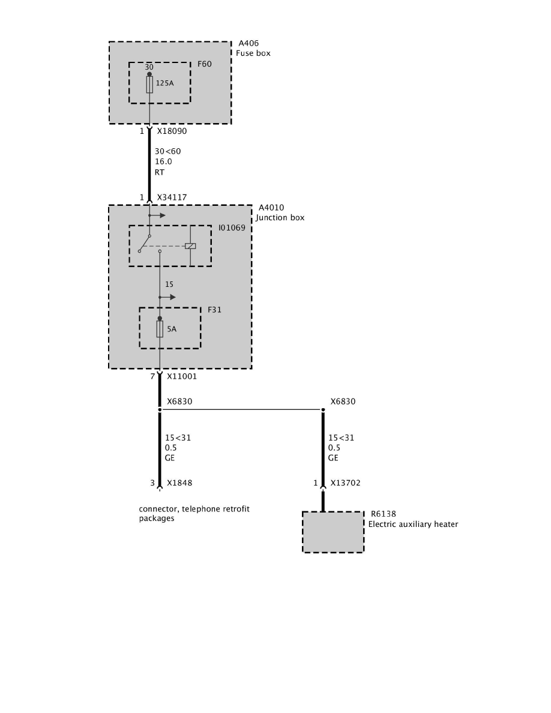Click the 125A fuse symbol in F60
(x=149, y=84)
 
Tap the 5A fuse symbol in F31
(x=160, y=328)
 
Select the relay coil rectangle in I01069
(x=190, y=245)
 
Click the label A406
(x=249, y=44)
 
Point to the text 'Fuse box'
(x=253, y=53)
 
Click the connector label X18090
(x=173, y=131)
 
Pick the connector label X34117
(x=173, y=197)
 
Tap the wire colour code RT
(x=160, y=172)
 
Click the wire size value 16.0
(x=163, y=161)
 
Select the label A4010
(x=271, y=208)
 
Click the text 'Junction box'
(x=280, y=218)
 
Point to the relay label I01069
(x=232, y=229)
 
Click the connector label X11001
(x=182, y=377)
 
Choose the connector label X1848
(x=179, y=483)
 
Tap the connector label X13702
(x=346, y=483)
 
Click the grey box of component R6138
(x=333, y=532)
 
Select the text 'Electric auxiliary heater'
(x=413, y=525)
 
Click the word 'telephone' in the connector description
(x=197, y=509)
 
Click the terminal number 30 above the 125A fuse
(x=149, y=67)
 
